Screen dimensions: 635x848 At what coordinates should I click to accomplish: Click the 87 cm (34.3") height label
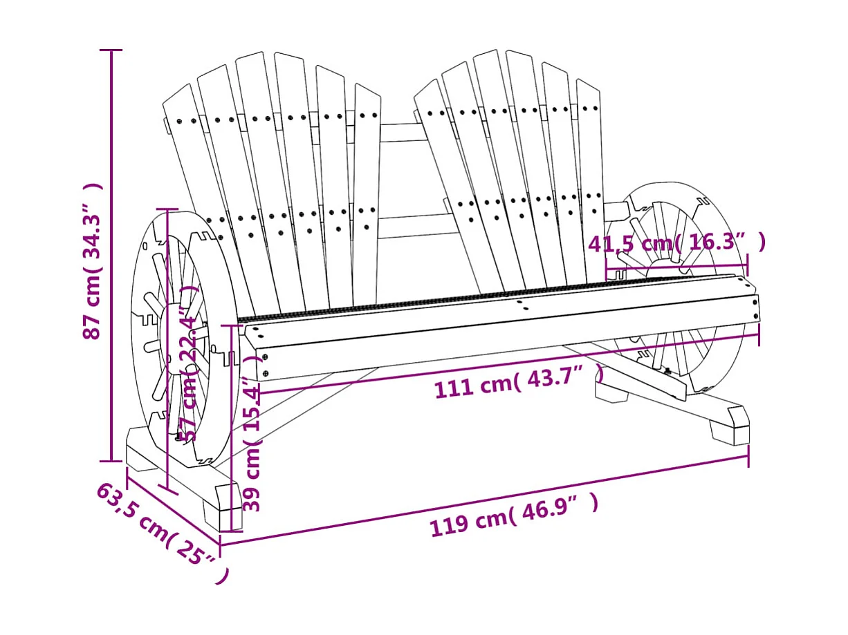[93, 261]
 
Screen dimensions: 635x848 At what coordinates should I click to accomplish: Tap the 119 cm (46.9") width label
[513, 515]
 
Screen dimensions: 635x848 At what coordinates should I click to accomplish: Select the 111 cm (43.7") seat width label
[519, 382]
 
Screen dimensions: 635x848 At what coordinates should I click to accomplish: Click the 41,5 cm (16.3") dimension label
[676, 243]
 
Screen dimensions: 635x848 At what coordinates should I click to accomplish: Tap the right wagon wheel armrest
[681, 228]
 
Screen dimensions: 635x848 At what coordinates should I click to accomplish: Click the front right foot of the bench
[730, 425]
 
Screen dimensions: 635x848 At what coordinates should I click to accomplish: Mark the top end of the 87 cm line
[111, 50]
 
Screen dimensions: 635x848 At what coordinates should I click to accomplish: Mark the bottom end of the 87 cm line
[111, 460]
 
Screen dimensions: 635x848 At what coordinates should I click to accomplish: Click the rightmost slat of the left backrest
[367, 193]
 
